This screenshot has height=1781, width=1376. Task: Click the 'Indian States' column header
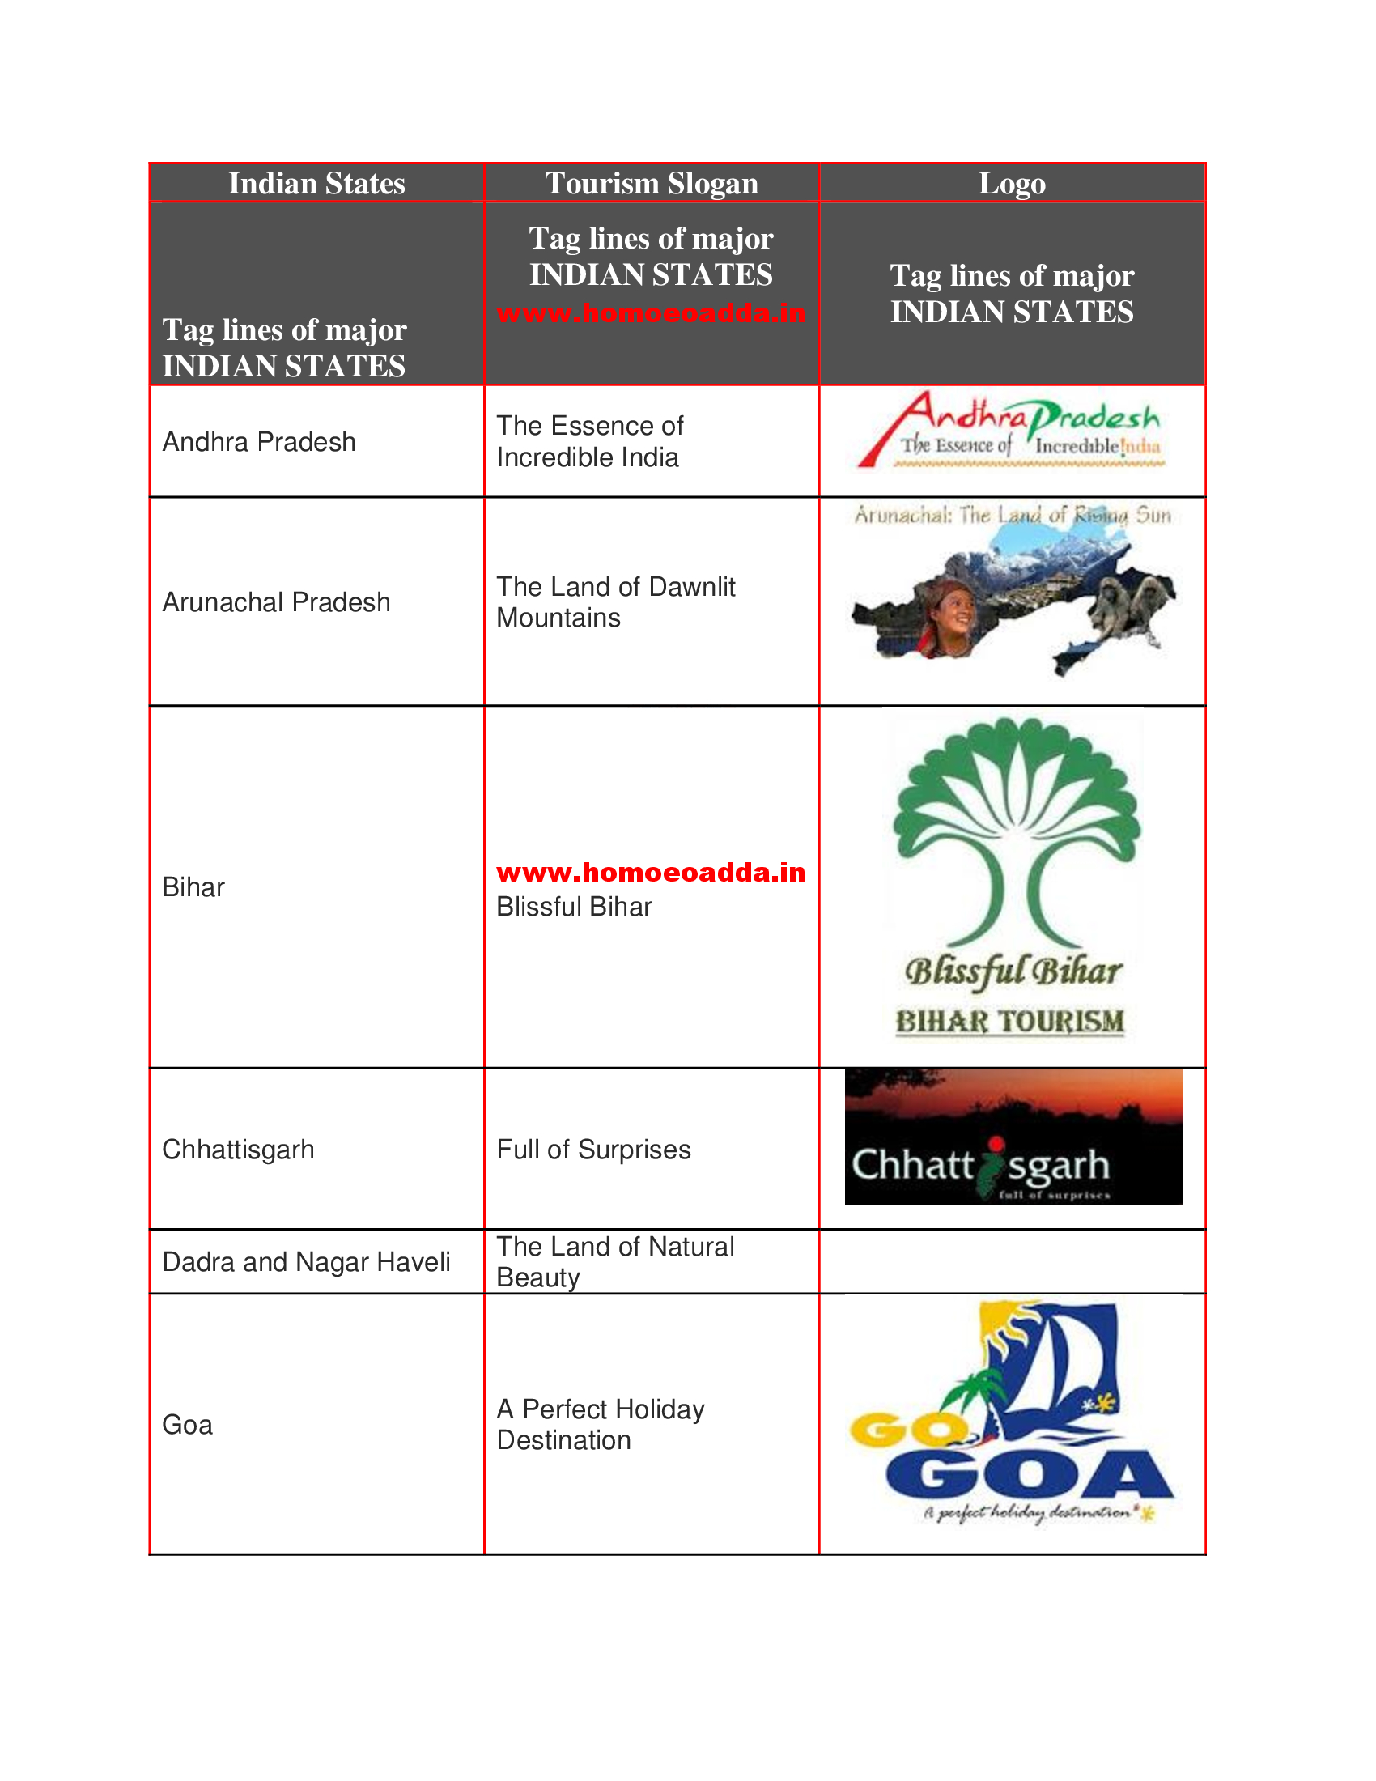coord(316,184)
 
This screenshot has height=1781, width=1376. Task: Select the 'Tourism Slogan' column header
coord(652,184)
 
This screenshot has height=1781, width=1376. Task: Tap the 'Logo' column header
coord(1012,184)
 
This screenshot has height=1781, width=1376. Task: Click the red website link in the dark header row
coord(652,313)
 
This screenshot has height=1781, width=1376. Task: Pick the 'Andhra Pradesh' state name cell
coord(259,442)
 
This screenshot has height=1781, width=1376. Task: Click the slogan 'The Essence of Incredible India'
coord(589,441)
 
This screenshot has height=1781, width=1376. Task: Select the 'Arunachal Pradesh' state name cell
coord(276,601)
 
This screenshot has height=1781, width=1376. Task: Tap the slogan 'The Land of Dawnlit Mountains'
coord(615,601)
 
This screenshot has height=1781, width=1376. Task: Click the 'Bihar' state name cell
coord(193,887)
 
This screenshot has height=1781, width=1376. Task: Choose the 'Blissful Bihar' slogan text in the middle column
coord(574,907)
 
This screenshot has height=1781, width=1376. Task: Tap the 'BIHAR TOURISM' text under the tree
coord(1010,1021)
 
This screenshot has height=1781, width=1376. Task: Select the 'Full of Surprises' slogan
coord(593,1150)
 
